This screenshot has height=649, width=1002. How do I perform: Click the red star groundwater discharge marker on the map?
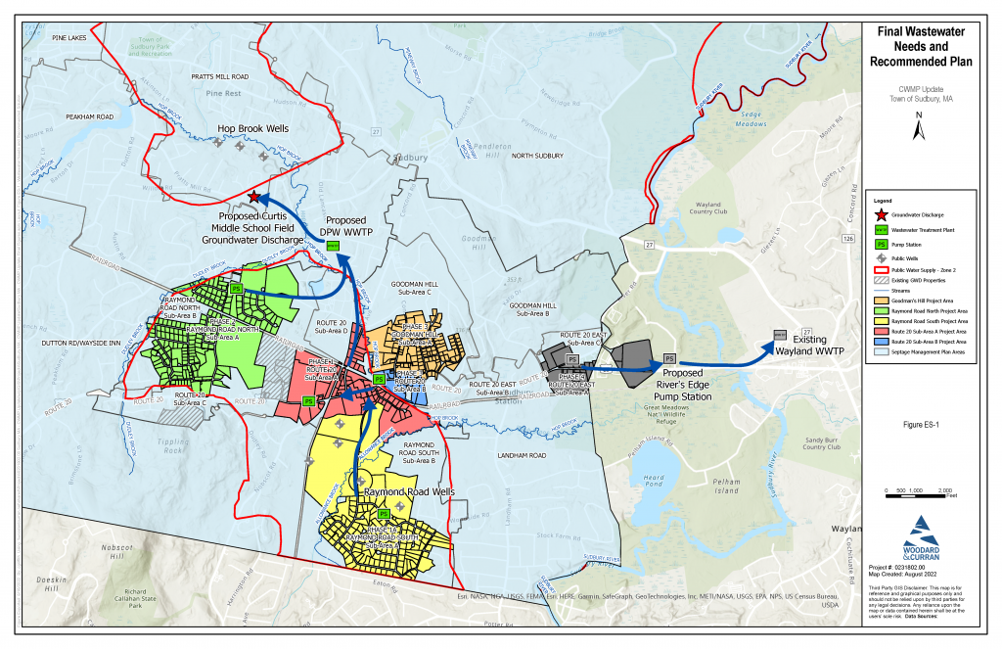[254, 197]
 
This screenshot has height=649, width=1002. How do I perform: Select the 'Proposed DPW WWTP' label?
[345, 227]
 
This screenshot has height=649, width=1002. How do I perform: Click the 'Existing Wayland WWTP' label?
[809, 345]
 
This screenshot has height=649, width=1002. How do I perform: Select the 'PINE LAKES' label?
[70, 37]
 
